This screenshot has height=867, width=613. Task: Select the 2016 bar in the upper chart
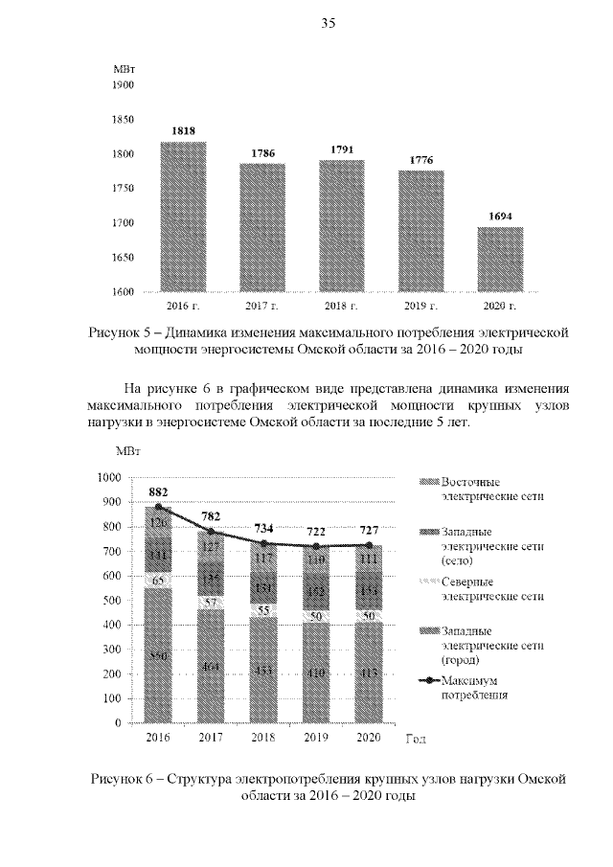coord(183,217)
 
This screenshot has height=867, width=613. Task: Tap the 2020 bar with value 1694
coord(501,259)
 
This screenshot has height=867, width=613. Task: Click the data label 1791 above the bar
coord(342,149)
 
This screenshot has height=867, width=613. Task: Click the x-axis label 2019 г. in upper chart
coord(421,306)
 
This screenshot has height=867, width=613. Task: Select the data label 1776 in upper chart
coord(421,160)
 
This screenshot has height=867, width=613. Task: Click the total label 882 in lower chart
coord(158,491)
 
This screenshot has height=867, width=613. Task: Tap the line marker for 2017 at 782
coord(211,532)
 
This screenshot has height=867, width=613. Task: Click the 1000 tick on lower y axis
coord(110,477)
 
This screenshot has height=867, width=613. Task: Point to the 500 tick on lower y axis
coord(113,601)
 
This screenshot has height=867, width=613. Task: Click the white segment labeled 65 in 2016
coord(158,581)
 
